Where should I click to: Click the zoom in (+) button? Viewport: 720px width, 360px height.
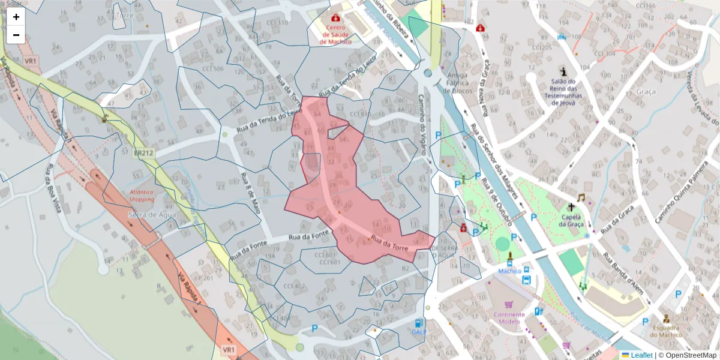[x=16, y=17]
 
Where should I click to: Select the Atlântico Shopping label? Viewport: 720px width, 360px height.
[x=141, y=196]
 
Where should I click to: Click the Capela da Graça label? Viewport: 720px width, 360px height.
[x=571, y=221]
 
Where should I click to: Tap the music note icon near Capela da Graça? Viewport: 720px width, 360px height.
[x=581, y=197]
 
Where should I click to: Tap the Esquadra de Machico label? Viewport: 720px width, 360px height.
[x=665, y=331]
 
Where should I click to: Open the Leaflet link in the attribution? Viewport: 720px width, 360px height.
[x=641, y=355]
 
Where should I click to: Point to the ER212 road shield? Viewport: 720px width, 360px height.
[x=144, y=153]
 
